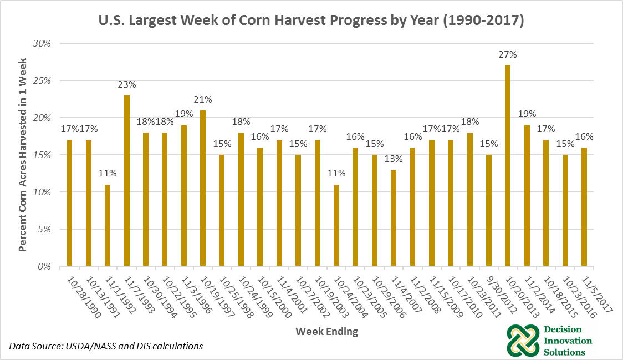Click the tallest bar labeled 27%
point(508,166)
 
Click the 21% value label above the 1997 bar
point(203,99)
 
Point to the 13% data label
point(394,159)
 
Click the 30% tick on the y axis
point(42,43)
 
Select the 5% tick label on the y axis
point(44,229)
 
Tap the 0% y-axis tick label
point(44,267)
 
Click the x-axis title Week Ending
point(326,332)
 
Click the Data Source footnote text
point(105,346)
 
